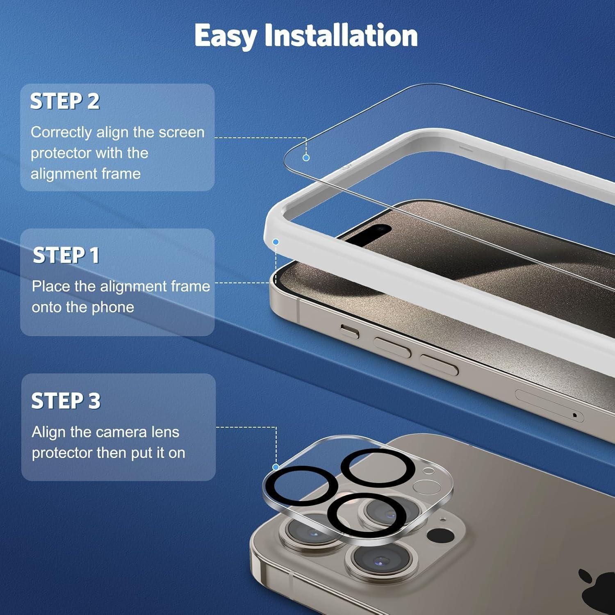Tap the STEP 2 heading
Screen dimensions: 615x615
[65, 101]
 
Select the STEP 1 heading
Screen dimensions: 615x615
[66, 255]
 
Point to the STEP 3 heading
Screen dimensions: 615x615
[66, 400]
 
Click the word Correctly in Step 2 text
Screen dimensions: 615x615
[61, 133]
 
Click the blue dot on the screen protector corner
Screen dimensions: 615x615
[306, 157]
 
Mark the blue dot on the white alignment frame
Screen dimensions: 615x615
[276, 242]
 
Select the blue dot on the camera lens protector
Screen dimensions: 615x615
[276, 467]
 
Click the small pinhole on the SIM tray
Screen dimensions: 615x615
[574, 415]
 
